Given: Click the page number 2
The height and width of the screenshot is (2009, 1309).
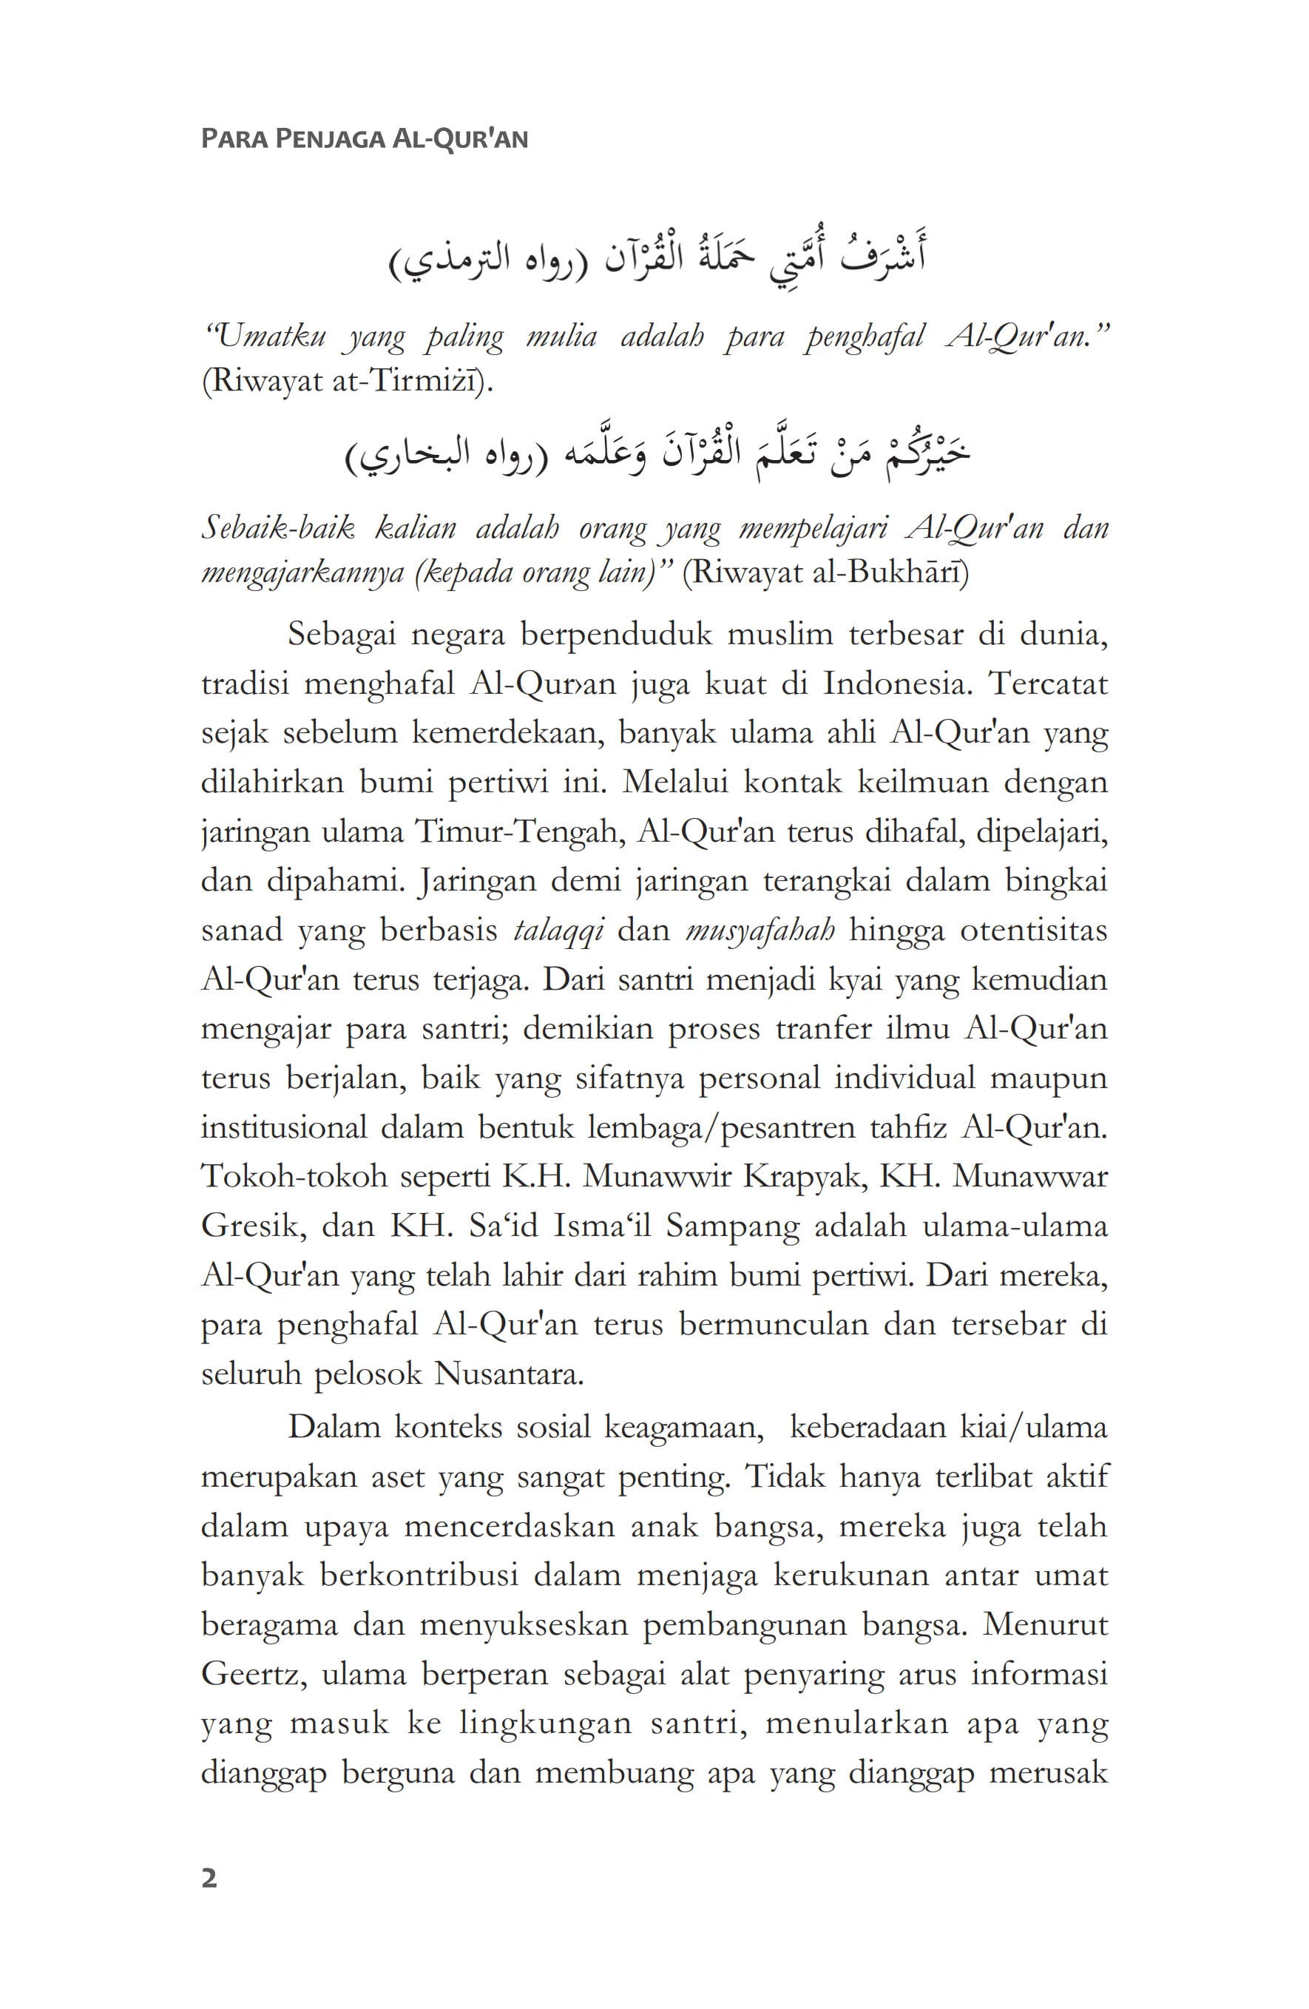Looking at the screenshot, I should coord(209,1878).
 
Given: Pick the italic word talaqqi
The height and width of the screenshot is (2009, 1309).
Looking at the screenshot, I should coord(558,931).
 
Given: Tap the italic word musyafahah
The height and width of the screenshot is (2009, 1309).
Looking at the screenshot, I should coord(760,931).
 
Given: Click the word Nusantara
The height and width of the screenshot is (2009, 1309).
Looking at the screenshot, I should coord(508,1374).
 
